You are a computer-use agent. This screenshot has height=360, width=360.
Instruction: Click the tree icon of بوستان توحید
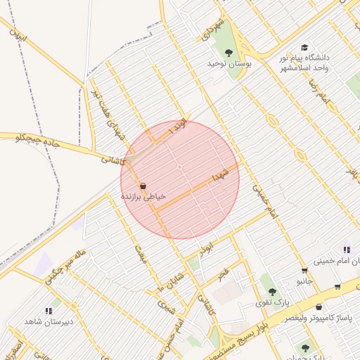(x=228, y=52)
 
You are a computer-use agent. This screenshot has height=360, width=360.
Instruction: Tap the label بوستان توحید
(x=229, y=63)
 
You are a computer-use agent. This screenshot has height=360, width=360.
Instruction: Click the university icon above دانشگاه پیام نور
(x=304, y=46)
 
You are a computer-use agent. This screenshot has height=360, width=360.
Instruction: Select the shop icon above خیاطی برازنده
(x=143, y=186)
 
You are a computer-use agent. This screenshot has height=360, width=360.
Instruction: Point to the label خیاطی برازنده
(x=143, y=197)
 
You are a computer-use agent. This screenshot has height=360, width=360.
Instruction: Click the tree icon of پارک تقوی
(x=272, y=292)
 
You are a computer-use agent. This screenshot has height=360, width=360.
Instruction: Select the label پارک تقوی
(x=271, y=303)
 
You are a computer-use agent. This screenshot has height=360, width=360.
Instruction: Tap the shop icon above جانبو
(x=304, y=270)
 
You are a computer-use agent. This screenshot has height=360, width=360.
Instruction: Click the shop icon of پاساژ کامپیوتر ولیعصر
(x=319, y=307)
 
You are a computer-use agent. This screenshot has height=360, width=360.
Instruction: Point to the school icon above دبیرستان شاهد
(x=49, y=310)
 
